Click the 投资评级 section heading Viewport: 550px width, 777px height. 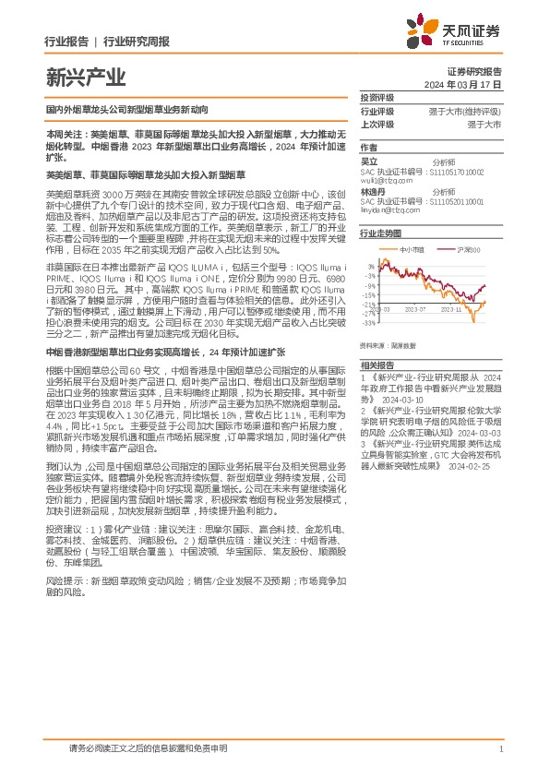pyautogui.click(x=377, y=97)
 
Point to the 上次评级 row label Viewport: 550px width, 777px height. pyautogui.click(x=377, y=123)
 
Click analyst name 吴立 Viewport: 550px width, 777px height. pyautogui.click(x=369, y=161)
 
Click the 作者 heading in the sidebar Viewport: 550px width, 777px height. pyautogui.click(x=369, y=147)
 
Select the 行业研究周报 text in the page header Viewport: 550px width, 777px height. pyautogui.click(x=136, y=42)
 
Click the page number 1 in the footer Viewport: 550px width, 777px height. pyautogui.click(x=499, y=749)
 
